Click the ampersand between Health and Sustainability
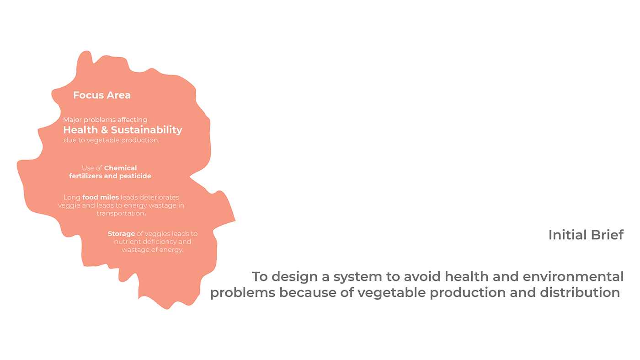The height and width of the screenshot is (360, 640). (x=104, y=130)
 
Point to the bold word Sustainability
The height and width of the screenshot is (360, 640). (x=147, y=130)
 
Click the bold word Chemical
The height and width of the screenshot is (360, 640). (x=120, y=168)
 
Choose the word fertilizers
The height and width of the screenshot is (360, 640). (x=85, y=176)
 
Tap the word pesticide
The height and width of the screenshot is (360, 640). (x=135, y=176)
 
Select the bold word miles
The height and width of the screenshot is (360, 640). (x=109, y=197)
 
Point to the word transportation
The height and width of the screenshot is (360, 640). (x=121, y=213)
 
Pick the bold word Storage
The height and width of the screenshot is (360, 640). (x=121, y=234)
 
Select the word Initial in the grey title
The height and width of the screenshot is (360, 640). (x=567, y=235)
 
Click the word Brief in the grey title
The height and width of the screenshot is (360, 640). (x=607, y=235)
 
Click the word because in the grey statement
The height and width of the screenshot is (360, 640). (x=313, y=292)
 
